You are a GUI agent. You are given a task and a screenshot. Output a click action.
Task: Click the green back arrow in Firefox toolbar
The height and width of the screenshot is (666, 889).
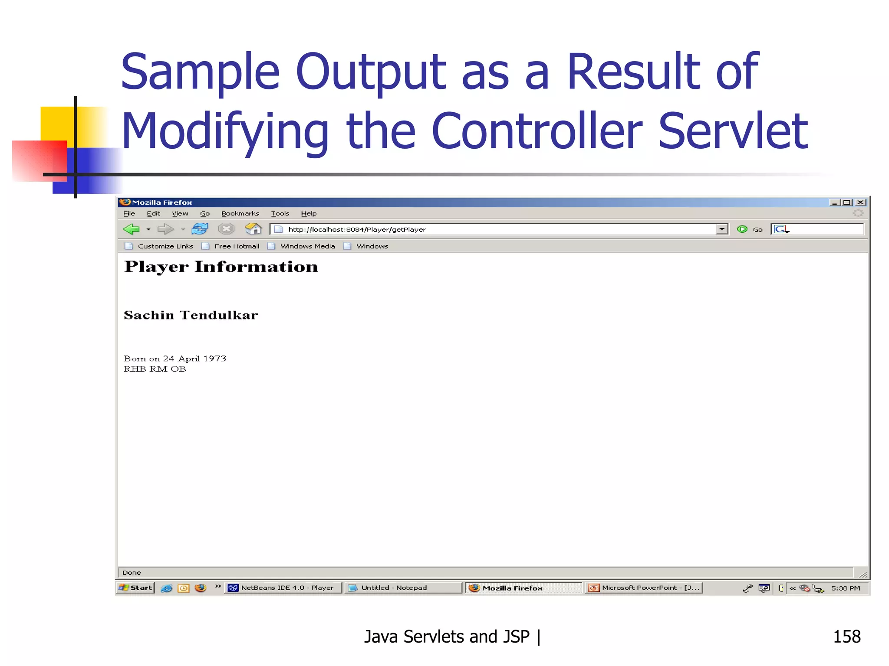131,229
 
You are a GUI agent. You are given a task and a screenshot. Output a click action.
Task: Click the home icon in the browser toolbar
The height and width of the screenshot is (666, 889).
253,229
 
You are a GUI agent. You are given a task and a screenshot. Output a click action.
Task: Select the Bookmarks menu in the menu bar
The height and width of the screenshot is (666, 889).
240,213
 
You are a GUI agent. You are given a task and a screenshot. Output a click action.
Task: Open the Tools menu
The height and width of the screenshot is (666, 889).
280,213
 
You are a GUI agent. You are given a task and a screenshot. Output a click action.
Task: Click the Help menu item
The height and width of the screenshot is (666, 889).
309,213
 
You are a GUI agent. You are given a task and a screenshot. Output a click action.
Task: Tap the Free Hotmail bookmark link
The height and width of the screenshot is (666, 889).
237,246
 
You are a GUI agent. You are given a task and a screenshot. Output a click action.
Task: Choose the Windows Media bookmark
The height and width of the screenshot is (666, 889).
307,246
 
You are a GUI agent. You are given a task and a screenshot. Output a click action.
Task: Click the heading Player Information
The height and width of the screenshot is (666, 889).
221,267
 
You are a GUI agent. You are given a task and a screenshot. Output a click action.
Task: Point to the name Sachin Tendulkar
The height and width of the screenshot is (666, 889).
191,315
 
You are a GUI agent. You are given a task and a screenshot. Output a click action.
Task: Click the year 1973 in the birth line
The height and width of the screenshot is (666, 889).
215,359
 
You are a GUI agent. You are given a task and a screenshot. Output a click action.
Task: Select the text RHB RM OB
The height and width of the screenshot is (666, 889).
155,369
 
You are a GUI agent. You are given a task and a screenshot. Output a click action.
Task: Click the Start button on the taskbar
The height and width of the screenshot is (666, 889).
136,588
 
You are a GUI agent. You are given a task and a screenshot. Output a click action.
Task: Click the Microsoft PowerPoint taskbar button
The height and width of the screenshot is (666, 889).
645,588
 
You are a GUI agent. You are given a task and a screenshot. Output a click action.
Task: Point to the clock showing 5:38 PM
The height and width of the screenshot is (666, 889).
845,588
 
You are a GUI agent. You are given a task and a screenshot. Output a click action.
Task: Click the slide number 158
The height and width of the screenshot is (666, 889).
846,637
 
